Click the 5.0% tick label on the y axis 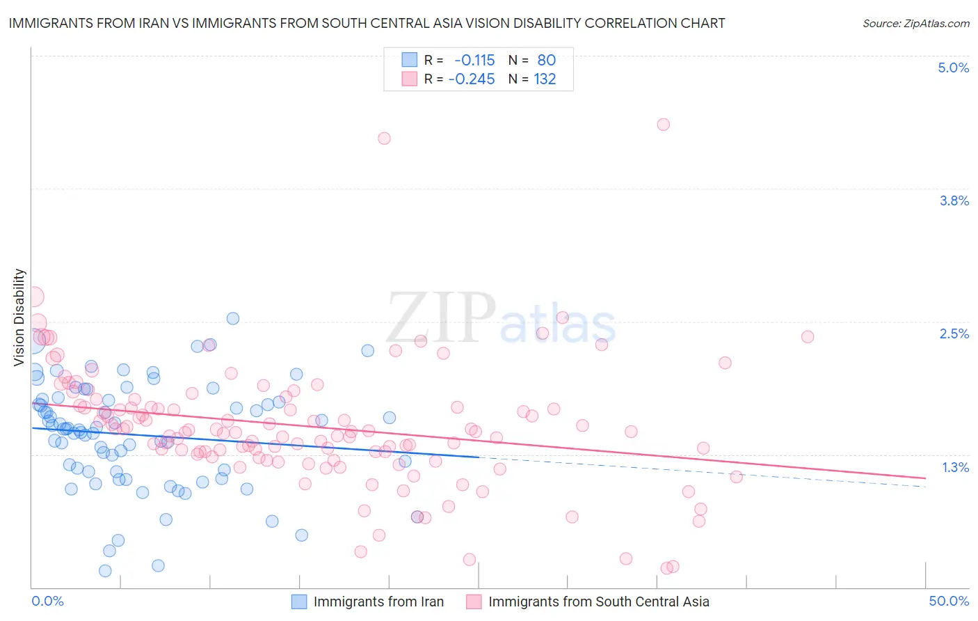tap(953, 68)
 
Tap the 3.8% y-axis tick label tap(954, 201)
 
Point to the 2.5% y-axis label tap(954, 333)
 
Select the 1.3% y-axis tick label tap(955, 467)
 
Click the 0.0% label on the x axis tap(47, 601)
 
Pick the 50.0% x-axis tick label tap(949, 601)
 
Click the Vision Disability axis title tap(19, 317)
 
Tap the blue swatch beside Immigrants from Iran tap(298, 602)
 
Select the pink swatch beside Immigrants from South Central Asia tap(474, 602)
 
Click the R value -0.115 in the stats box tap(474, 61)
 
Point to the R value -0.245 tap(472, 79)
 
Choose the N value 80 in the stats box tap(547, 61)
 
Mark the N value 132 tap(545, 79)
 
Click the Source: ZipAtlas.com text tap(915, 23)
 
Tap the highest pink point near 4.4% tap(663, 125)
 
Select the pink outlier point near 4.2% tap(384, 139)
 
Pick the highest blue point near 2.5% tap(233, 318)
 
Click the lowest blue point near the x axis tap(105, 571)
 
